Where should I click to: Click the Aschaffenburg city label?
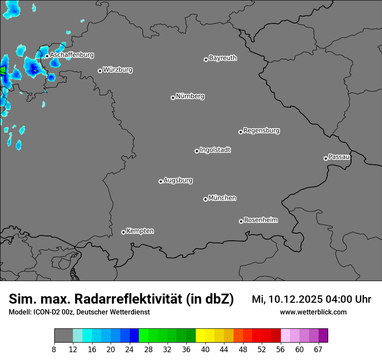coord(72,55)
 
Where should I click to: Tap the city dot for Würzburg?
coord(100,71)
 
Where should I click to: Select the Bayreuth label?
coord(223,58)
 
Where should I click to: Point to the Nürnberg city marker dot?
coord(173,98)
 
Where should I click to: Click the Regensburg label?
coord(261,130)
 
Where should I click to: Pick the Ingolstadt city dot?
coord(197,151)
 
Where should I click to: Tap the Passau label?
coord(339,157)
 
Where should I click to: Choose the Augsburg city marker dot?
coord(161,181)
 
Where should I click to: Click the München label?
coord(222,198)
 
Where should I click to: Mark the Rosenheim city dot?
coord(241,222)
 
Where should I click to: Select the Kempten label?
coord(140,231)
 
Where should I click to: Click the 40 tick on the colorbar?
coord(205,350)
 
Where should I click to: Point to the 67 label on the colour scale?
coord(318,350)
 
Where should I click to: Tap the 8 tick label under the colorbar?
coord(54,350)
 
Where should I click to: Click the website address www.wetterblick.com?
coord(313,312)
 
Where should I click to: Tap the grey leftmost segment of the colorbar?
coord(63,336)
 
